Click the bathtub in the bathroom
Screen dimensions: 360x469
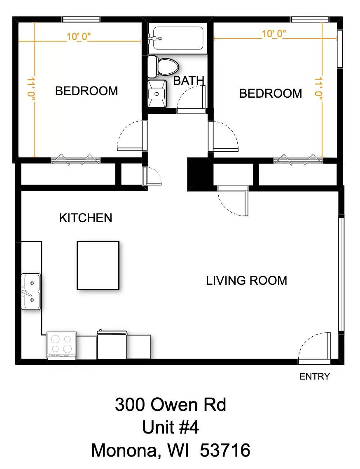pyautogui.click(x=178, y=38)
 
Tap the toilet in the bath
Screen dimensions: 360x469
pyautogui.click(x=163, y=66)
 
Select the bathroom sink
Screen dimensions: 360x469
pyautogui.click(x=157, y=94)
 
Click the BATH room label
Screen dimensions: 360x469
pyautogui.click(x=189, y=81)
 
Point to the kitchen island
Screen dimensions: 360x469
pyautogui.click(x=98, y=265)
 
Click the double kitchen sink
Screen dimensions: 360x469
pyautogui.click(x=31, y=291)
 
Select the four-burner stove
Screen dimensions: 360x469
pyautogui.click(x=62, y=345)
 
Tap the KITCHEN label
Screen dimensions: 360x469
pyautogui.click(x=86, y=218)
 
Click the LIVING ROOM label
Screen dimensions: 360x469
pyautogui.click(x=247, y=281)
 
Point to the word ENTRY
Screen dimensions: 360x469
pyautogui.click(x=315, y=376)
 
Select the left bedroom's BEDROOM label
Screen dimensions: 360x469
pyautogui.click(x=87, y=91)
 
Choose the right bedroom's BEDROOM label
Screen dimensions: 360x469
pyautogui.click(x=271, y=94)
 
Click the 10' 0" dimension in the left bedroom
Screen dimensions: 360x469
pyautogui.click(x=79, y=37)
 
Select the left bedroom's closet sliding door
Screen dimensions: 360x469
pyautogui.click(x=76, y=160)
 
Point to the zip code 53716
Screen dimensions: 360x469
pyautogui.click(x=225, y=450)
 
